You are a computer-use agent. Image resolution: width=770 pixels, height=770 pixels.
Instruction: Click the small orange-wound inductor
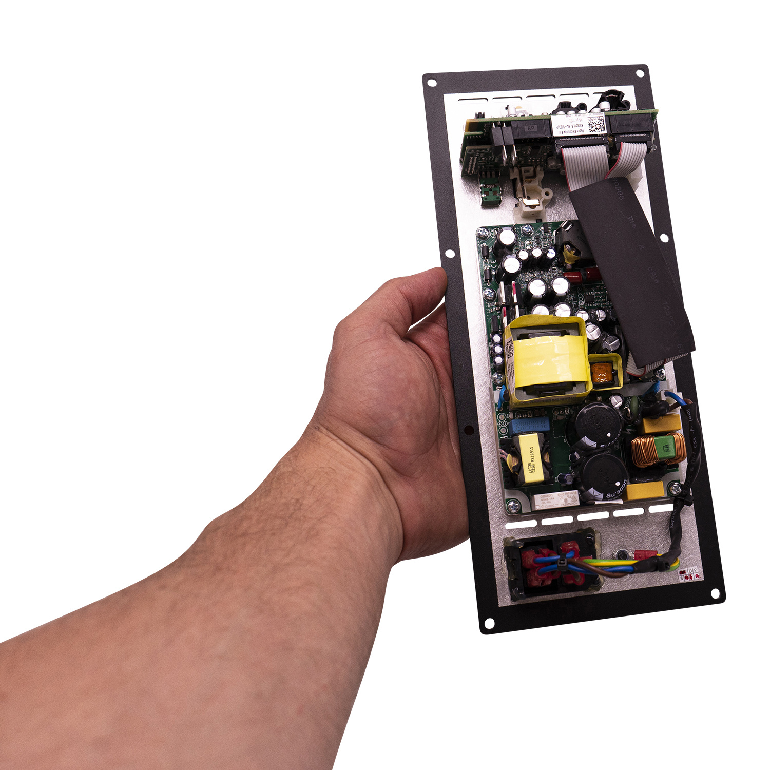[603, 373]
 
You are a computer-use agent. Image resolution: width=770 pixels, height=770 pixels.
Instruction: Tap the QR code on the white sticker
[595, 125]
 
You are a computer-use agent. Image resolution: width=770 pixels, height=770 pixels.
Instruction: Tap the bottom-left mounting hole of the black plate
[489, 623]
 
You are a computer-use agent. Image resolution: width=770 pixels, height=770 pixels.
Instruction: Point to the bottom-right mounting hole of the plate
[715, 594]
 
